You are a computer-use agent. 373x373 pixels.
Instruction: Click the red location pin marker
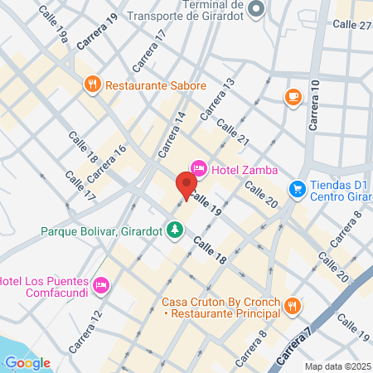tap(186, 184)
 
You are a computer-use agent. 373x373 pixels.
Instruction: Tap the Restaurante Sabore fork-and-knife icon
tap(92, 84)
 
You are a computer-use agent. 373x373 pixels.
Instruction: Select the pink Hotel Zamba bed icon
tap(198, 169)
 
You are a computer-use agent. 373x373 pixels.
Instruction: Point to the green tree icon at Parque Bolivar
tap(175, 229)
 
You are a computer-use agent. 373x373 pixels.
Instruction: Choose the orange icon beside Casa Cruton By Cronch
tap(292, 307)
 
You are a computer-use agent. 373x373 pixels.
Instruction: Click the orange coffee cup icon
tap(292, 97)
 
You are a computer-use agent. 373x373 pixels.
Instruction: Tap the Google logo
tap(27, 362)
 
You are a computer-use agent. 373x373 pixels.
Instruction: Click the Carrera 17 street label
tap(149, 51)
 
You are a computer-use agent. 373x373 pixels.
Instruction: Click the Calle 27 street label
tap(351, 25)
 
